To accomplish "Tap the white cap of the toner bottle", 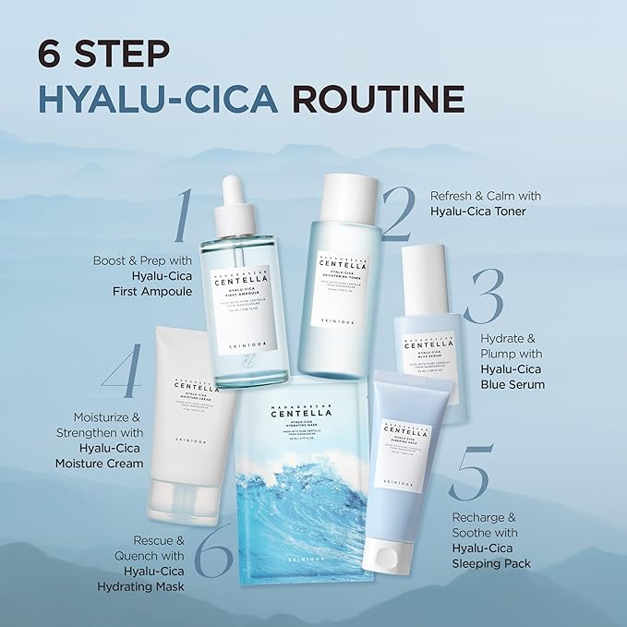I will pyautogui.click(x=341, y=195).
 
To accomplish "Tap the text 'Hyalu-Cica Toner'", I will pyautogui.click(x=478, y=211).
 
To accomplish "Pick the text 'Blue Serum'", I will pyautogui.click(x=513, y=384).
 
